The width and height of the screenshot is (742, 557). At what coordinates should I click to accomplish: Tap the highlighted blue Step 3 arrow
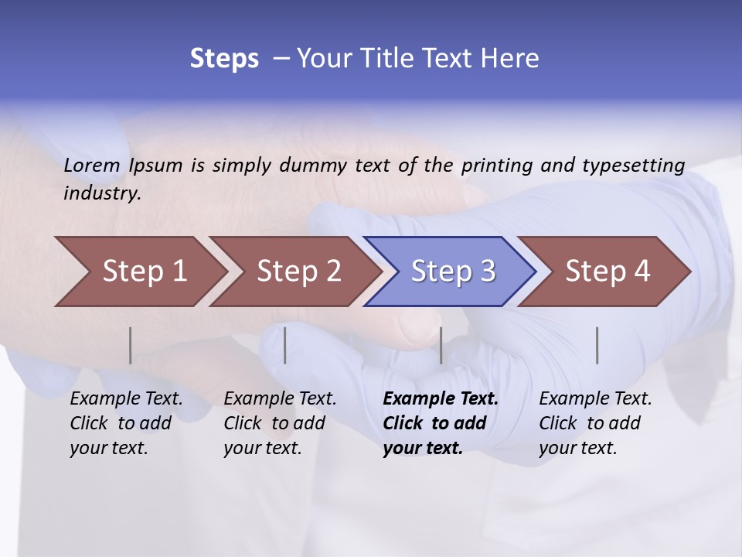(x=448, y=272)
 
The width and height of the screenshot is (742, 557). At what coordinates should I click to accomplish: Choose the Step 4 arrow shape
(x=603, y=272)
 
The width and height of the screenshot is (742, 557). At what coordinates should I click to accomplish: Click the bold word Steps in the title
(x=224, y=59)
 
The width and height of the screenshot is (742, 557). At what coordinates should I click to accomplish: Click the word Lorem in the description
(x=92, y=165)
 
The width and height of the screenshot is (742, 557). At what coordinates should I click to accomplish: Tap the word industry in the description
(x=101, y=193)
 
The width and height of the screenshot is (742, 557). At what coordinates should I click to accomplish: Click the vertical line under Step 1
(x=131, y=346)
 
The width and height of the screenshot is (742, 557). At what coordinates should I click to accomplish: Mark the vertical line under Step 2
(x=285, y=346)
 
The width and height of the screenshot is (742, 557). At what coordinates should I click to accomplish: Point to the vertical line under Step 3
(x=441, y=346)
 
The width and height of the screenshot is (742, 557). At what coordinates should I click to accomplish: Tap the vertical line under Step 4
(x=597, y=346)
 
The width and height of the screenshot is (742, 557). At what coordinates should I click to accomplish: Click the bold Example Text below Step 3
(x=441, y=399)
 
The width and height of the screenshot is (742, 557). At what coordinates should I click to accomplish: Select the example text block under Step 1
(x=126, y=423)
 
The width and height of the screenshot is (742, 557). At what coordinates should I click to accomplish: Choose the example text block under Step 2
(x=280, y=423)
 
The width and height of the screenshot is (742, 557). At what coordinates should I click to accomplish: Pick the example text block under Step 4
(x=595, y=423)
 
